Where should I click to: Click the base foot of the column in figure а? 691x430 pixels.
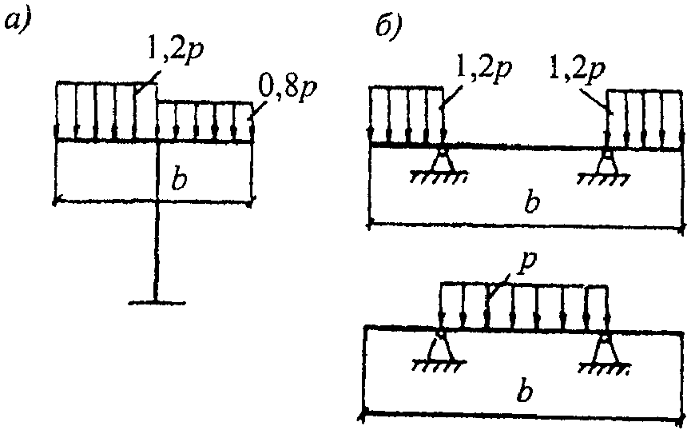(157, 303)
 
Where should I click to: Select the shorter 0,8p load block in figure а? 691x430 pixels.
(205, 121)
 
